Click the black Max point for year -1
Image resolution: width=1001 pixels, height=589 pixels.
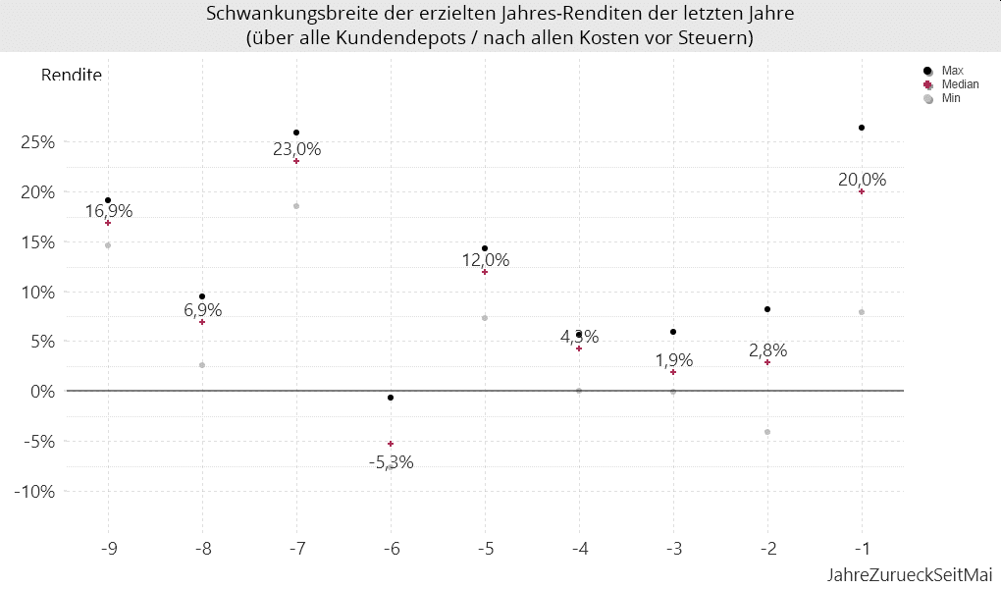point(862,128)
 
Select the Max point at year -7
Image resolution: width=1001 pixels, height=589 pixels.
point(296,133)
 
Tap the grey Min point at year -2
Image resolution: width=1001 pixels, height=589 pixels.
point(767,432)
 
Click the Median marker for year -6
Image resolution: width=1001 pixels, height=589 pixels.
point(391,444)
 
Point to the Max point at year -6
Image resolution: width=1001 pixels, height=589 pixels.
point(391,398)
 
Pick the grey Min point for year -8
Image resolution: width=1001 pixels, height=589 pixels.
point(202,365)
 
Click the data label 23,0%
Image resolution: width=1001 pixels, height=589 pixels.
point(296,149)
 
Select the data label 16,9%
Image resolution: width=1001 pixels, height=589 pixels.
point(108,210)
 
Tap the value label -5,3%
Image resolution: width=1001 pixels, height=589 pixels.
point(391,462)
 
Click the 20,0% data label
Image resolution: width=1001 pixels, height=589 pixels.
point(862,180)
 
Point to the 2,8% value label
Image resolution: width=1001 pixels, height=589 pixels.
point(767,350)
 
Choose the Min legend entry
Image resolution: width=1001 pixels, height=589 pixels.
point(950,99)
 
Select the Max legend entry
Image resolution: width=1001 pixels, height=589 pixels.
point(951,71)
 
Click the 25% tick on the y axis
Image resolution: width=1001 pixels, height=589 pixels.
point(38,141)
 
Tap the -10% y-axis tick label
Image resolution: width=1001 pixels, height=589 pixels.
point(35,491)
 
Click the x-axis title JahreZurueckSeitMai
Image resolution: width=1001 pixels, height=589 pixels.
point(909,573)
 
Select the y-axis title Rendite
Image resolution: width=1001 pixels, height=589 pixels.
point(71,75)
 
